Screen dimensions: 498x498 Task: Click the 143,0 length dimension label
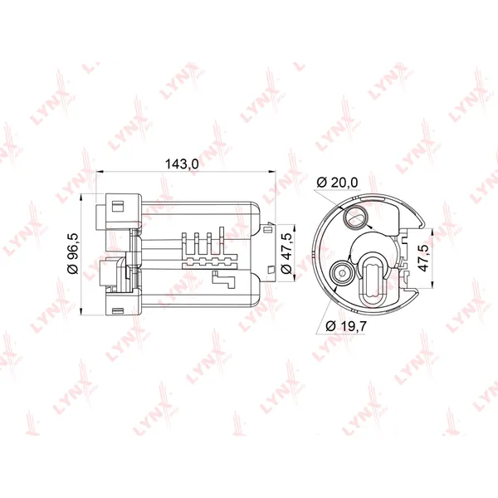[x=182, y=164]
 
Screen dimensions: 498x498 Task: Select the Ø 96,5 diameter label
[x=73, y=253]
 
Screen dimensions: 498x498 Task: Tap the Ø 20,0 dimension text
[x=337, y=183]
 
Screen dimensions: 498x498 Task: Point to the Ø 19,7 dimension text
[x=346, y=325]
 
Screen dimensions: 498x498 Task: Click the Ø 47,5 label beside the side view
[x=287, y=253]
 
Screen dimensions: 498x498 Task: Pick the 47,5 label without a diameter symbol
[x=424, y=258]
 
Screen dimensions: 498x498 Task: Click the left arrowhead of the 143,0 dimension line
[x=100, y=172]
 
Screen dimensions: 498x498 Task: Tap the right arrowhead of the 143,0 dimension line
[x=272, y=172]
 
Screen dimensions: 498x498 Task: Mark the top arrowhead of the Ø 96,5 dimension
[x=81, y=198]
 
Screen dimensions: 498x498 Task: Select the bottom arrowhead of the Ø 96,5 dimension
[x=81, y=311]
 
